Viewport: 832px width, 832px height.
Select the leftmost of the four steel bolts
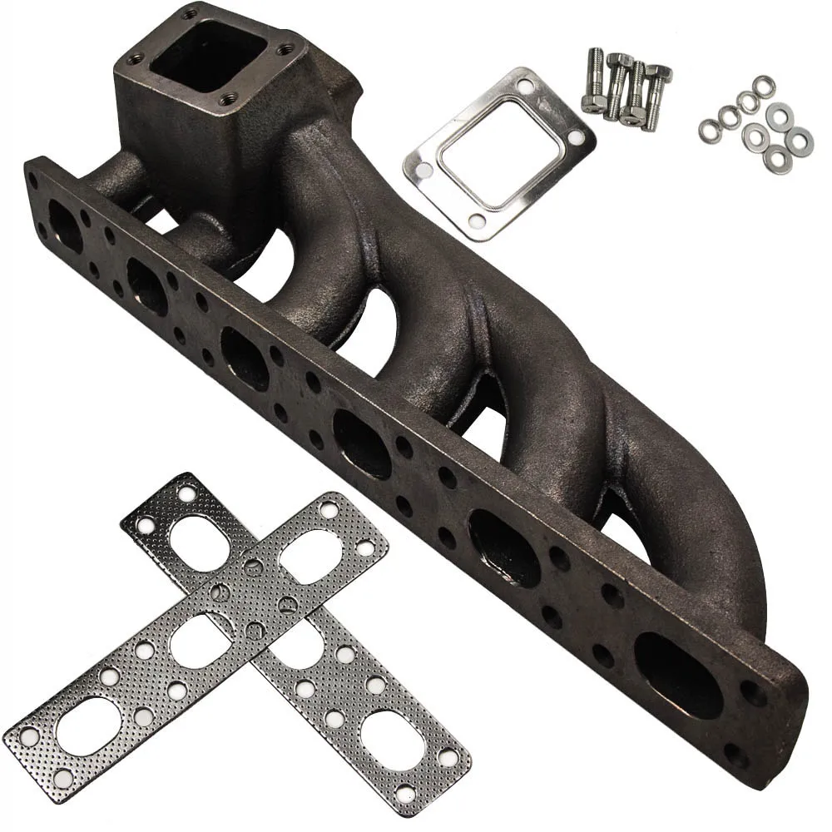point(592,82)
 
